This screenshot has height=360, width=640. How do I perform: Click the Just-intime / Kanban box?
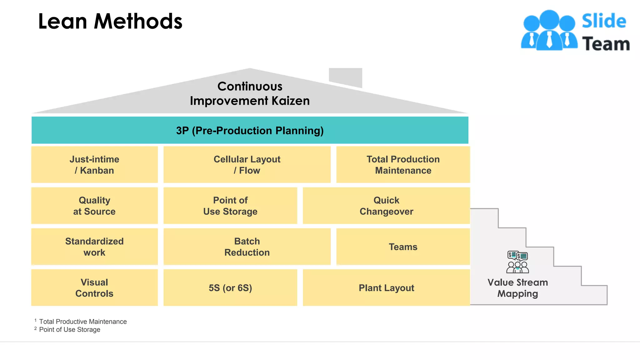(94, 165)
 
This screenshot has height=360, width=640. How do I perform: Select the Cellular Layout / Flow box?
(247, 165)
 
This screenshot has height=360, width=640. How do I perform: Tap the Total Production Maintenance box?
(403, 165)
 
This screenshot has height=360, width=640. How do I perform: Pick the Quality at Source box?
(94, 206)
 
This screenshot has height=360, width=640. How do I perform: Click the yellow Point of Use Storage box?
(230, 206)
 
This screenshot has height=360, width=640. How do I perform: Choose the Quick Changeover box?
(386, 206)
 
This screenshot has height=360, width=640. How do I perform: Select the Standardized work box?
(94, 247)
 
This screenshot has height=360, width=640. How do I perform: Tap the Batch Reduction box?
(247, 247)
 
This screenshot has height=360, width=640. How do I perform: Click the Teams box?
(403, 247)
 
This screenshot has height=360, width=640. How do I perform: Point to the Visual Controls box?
(94, 287)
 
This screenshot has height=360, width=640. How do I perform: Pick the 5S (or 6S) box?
(230, 287)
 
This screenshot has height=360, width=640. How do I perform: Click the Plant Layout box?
(386, 287)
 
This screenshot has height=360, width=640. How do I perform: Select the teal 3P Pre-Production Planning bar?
(250, 130)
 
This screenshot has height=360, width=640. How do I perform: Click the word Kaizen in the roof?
(290, 101)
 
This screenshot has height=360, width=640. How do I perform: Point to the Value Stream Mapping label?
(517, 288)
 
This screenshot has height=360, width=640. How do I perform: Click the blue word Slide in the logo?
(604, 21)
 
